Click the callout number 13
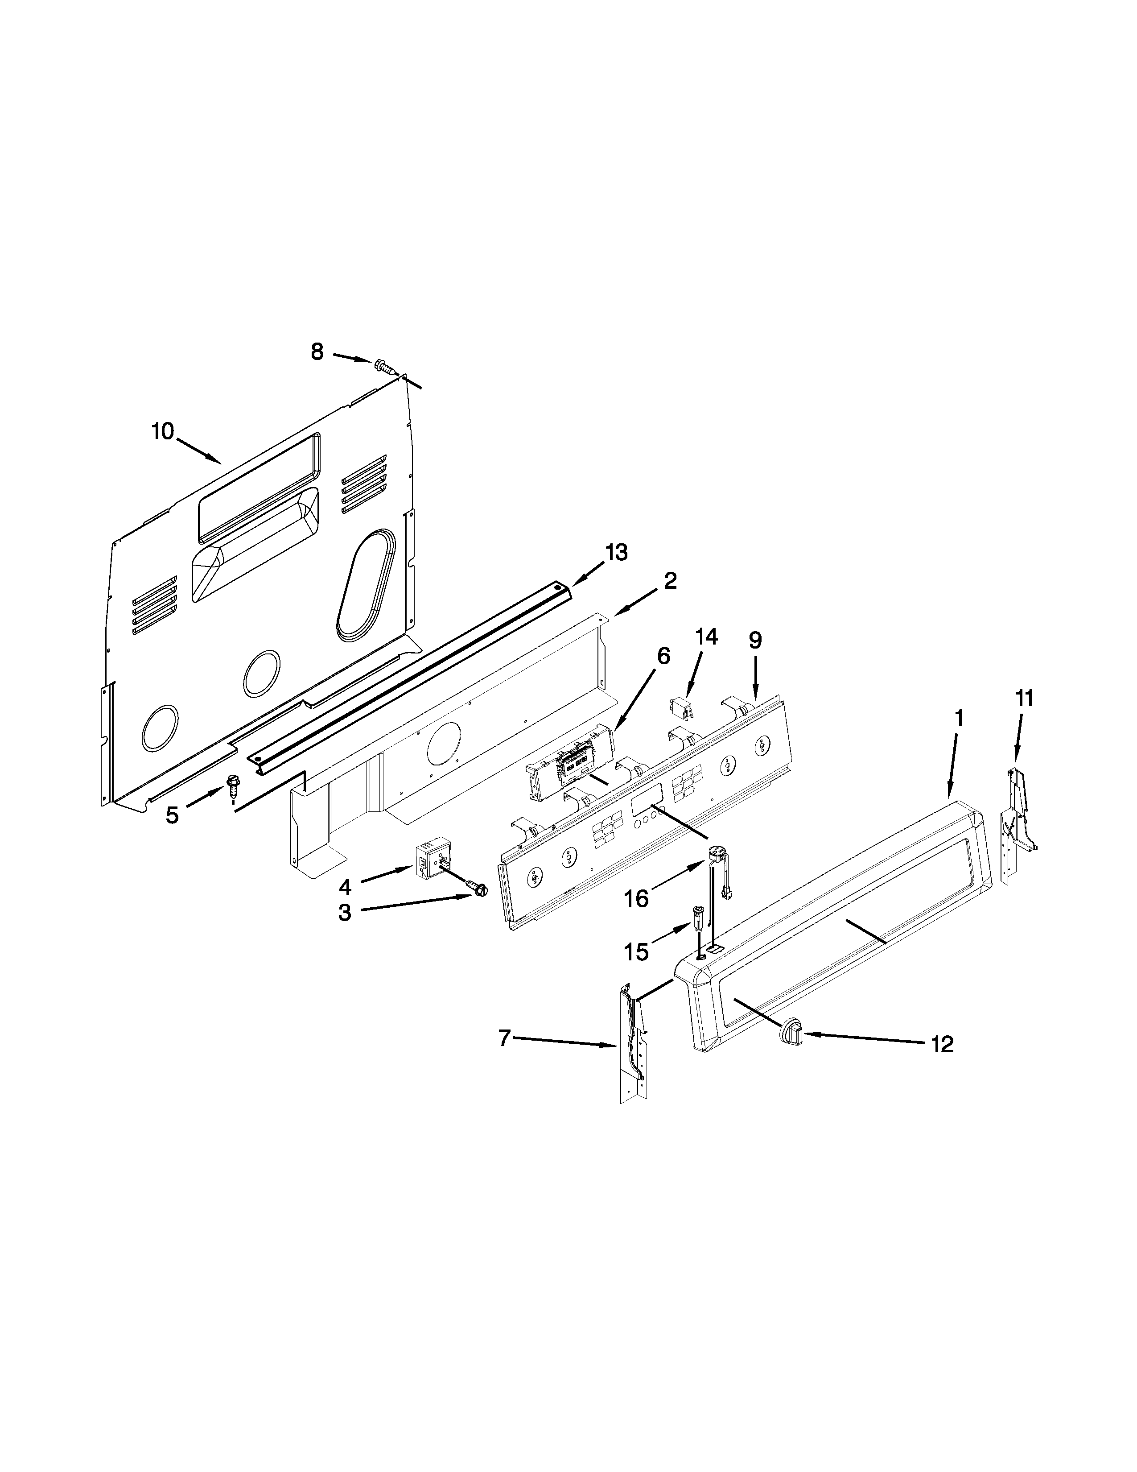pyautogui.click(x=616, y=552)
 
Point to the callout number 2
pyautogui.click(x=670, y=580)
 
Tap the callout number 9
pyautogui.click(x=755, y=640)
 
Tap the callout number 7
pyautogui.click(x=504, y=1038)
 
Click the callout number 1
pyautogui.click(x=959, y=719)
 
